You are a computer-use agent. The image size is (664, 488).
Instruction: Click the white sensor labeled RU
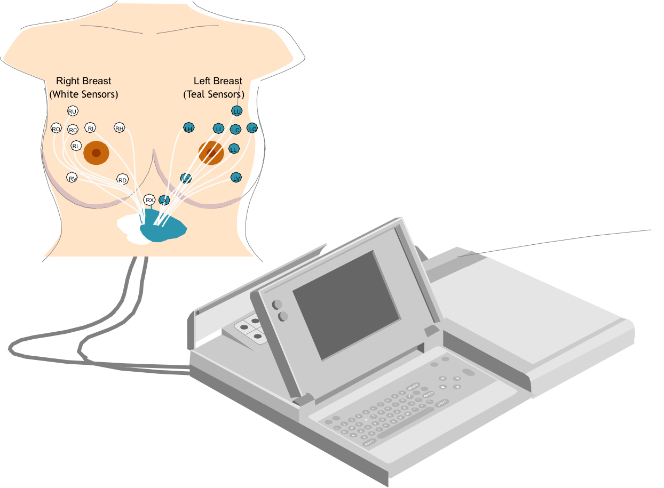point(73,111)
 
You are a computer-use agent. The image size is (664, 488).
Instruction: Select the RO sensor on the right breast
point(56,129)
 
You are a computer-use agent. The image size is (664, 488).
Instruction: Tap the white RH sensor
point(120,128)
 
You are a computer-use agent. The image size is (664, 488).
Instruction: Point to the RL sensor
point(76,146)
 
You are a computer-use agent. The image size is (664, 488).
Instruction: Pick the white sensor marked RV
point(72,178)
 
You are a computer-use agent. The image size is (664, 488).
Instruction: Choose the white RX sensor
point(149,200)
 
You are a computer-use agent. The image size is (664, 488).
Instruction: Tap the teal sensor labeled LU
point(237,111)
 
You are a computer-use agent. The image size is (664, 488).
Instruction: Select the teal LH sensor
point(188,128)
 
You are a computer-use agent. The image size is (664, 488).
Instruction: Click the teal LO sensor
point(252,128)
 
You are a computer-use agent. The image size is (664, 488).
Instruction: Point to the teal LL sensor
point(234,149)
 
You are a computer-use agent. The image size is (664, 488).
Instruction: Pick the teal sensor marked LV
point(236,178)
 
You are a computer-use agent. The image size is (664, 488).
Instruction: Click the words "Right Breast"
point(84,81)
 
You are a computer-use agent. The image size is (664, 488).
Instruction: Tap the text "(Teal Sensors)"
point(214,94)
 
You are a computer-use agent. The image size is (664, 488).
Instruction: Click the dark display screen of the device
point(346,304)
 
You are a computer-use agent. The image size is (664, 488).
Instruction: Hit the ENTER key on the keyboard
point(428,395)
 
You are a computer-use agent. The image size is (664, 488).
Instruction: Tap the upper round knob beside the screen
point(277,305)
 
